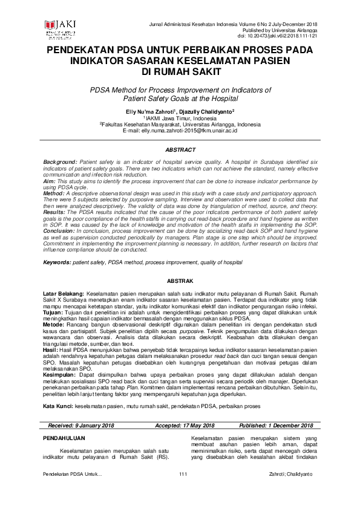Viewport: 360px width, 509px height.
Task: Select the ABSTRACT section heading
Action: (x=180, y=149)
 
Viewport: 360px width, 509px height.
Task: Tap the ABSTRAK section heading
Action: (x=180, y=281)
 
